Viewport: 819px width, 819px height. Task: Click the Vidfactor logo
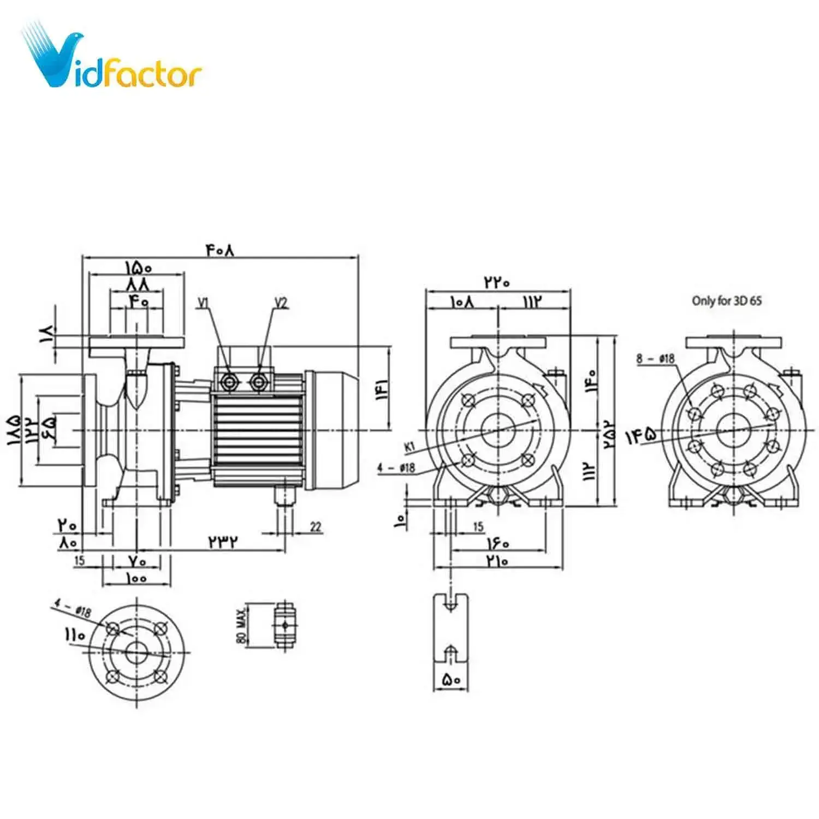coord(112,60)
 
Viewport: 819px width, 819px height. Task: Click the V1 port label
coord(204,302)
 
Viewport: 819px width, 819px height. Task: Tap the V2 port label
coord(281,302)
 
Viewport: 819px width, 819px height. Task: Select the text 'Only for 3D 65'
coord(726,301)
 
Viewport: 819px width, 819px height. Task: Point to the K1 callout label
coord(410,447)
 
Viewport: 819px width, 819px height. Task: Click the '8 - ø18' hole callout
coord(655,359)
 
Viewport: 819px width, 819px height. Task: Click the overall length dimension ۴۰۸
coord(220,250)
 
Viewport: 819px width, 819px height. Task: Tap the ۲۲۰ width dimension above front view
coord(496,282)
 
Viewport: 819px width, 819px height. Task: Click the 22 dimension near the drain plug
coord(316,527)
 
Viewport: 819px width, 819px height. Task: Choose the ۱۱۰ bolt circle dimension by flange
coord(75,634)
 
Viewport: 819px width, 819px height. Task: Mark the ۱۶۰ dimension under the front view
coord(497,544)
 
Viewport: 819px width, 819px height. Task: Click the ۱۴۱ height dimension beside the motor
coord(382,390)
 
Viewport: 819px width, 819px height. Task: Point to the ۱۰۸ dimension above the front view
coord(462,301)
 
